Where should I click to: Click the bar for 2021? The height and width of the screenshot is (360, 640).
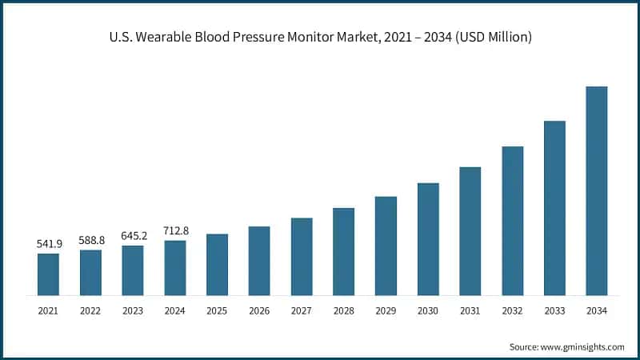point(48,274)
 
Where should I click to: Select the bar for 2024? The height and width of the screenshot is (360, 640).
point(175,267)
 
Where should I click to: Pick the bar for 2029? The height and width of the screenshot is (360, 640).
point(386,245)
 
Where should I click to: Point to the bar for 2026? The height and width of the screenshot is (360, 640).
point(259,260)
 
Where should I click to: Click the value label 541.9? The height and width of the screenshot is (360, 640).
point(48,242)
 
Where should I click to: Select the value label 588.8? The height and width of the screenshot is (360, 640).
point(90,239)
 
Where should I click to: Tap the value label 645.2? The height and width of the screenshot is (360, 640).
point(133,235)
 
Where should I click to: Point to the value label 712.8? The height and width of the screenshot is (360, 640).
point(175,230)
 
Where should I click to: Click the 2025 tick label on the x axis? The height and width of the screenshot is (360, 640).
point(217,310)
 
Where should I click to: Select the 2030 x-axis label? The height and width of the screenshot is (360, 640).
point(428,310)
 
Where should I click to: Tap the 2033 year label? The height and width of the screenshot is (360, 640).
point(554,310)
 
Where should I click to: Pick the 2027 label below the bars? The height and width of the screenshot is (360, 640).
point(302,310)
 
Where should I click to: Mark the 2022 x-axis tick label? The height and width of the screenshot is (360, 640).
point(90,310)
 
